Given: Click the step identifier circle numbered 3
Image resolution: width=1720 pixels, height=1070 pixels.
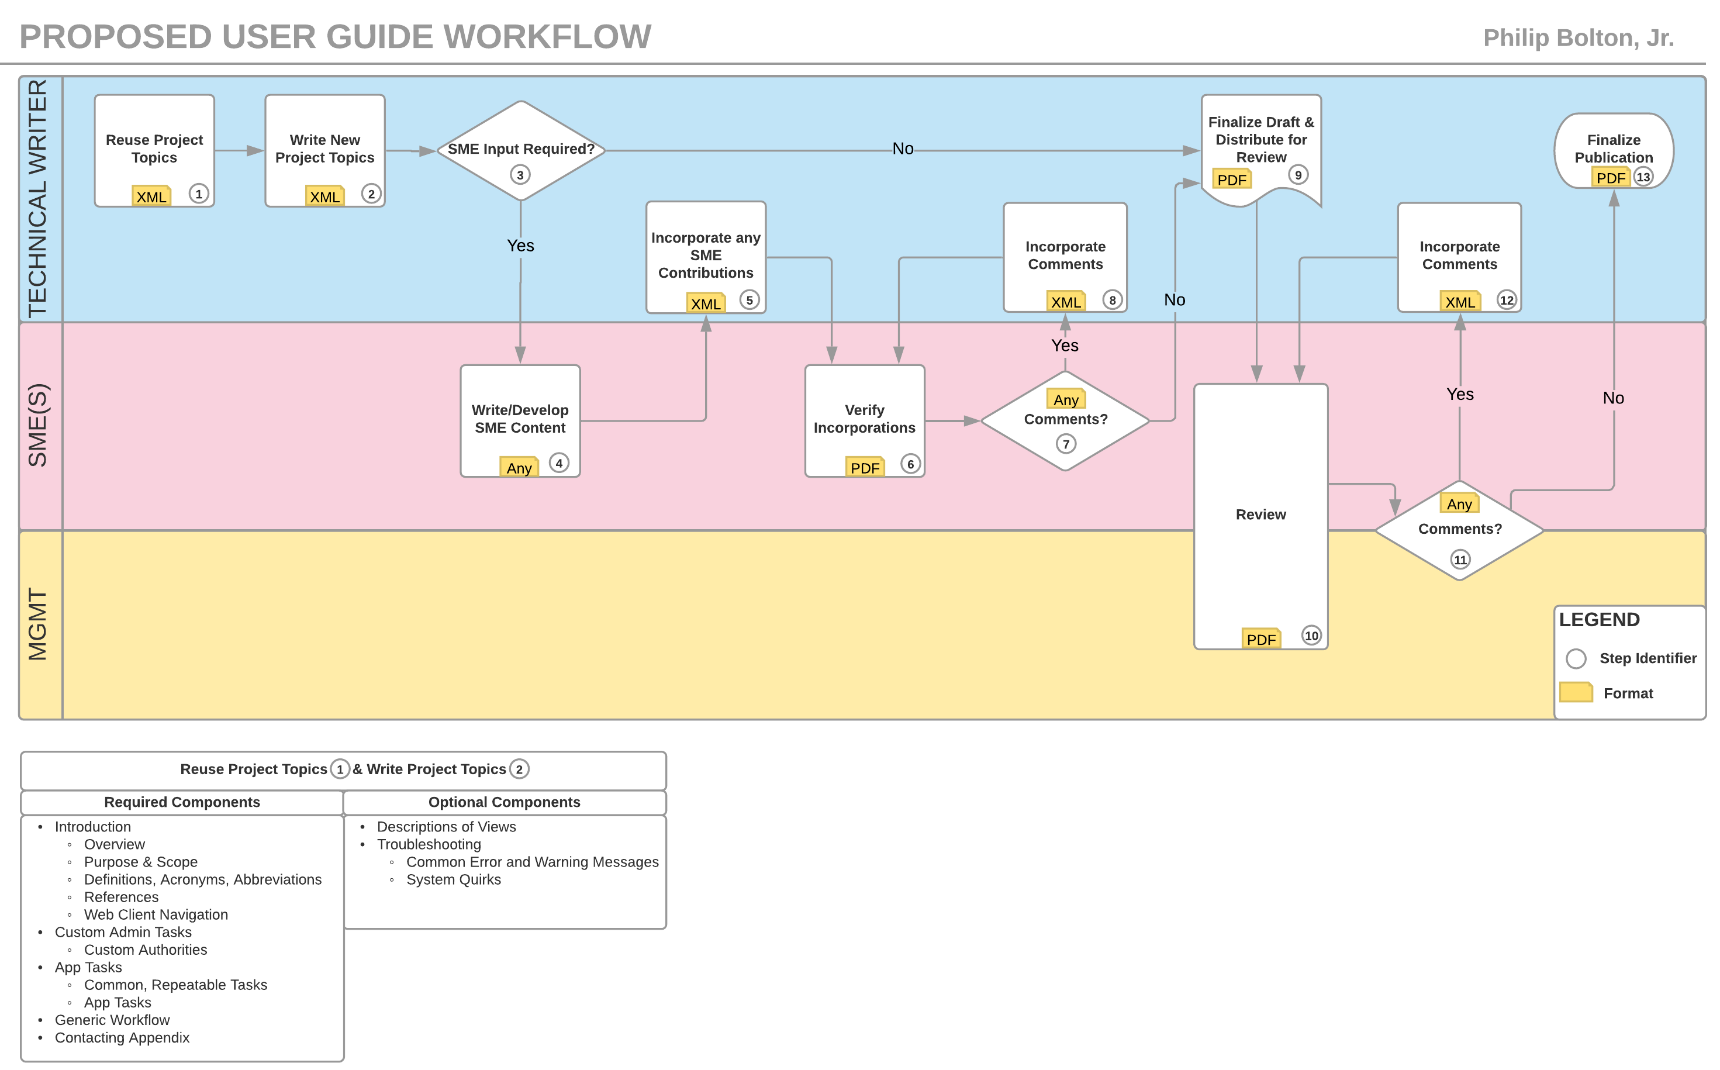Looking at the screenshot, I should point(520,175).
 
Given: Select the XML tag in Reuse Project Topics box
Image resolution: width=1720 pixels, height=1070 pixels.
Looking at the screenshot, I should point(151,196).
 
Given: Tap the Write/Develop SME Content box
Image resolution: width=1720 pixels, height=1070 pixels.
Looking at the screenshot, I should point(520,420).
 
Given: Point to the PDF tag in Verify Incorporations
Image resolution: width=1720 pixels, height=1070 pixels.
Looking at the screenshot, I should point(865,467).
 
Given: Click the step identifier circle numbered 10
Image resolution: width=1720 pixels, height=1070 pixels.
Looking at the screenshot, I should point(1311,636).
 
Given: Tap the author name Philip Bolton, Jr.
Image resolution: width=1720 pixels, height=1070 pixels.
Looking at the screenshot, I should point(1578,37).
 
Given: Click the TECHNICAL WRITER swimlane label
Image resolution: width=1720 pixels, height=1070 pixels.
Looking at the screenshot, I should point(37,198).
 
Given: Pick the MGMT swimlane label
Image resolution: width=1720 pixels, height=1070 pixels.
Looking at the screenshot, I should point(37,624).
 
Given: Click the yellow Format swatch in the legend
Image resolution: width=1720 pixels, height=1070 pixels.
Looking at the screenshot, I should point(1576,692).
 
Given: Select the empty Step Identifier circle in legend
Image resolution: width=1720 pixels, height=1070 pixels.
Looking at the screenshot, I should point(1576,658).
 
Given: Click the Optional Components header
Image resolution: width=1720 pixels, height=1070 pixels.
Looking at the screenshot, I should point(504,802).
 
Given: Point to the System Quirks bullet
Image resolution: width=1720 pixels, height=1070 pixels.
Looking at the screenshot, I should point(453,879).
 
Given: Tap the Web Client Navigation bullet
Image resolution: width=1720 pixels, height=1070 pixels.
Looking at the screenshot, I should point(156,914).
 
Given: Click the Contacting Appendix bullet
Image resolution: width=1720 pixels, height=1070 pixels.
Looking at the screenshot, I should point(122,1037).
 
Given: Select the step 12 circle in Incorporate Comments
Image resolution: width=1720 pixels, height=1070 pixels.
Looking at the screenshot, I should point(1507,300).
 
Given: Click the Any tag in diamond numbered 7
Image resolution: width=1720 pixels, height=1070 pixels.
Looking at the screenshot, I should point(1066,400).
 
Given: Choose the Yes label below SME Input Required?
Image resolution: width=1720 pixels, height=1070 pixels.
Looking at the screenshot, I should point(520,246).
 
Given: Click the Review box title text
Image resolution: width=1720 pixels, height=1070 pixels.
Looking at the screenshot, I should point(1260,515).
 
